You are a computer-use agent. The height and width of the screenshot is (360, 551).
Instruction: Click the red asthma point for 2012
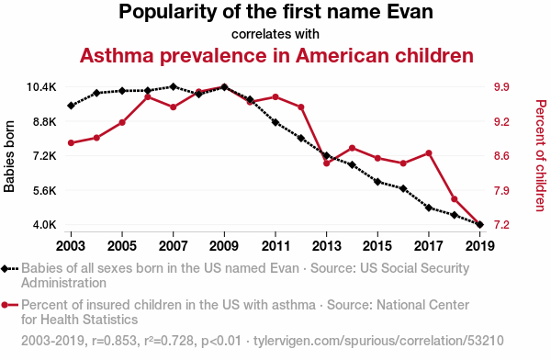pos(301,107)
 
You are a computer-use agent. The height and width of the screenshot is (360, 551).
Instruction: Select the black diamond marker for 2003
pos(71,106)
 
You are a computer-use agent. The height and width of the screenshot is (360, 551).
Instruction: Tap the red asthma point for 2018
pos(455,199)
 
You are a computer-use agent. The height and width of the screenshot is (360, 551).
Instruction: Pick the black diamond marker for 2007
pos(173,86)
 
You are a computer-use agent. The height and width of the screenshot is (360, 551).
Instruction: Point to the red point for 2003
pos(71,142)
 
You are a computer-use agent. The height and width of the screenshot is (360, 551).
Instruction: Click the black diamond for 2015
pos(377,182)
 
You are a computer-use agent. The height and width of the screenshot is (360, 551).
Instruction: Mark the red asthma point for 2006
pos(148,96)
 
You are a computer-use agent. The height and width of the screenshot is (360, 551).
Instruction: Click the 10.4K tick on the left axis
pos(41,87)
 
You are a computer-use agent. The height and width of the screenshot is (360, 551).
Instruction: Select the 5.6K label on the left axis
pos(45,190)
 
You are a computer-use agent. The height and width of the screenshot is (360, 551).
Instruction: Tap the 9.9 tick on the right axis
pos(501,87)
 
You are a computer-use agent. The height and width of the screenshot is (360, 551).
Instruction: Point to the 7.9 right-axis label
pos(501,190)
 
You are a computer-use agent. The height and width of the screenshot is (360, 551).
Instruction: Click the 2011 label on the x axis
pos(275,246)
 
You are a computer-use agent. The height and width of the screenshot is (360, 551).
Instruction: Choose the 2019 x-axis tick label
pos(480,246)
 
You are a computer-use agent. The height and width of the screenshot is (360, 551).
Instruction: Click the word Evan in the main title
pos(410,12)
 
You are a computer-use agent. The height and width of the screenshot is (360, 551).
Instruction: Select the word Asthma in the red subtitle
pos(117,55)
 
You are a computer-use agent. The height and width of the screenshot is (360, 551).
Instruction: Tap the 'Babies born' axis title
pos(9,156)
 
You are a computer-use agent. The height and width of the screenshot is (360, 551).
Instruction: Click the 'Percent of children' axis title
pos(541,156)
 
